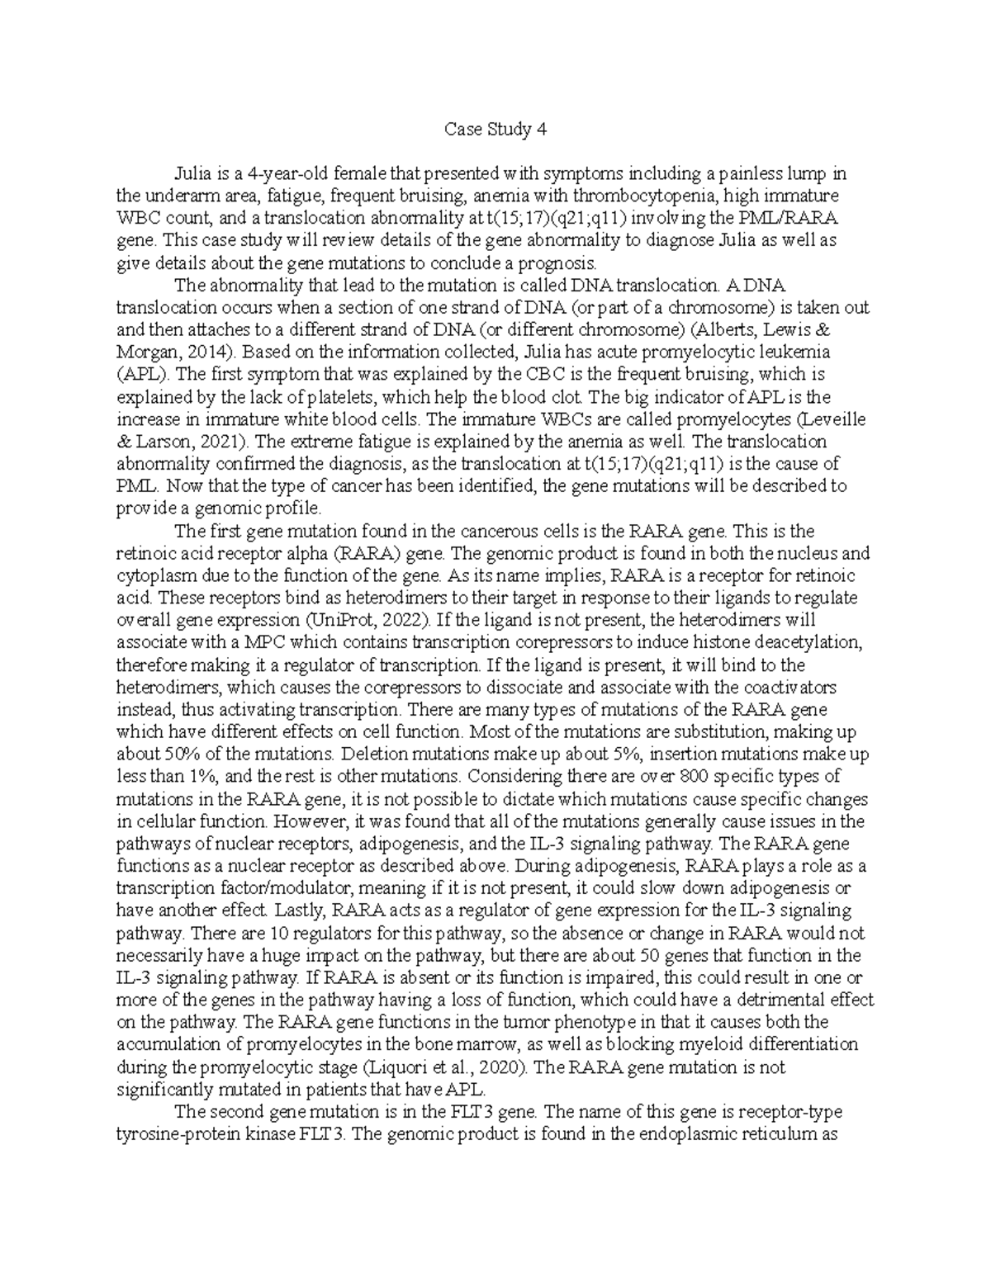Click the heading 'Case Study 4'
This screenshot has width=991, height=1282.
[495, 130]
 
